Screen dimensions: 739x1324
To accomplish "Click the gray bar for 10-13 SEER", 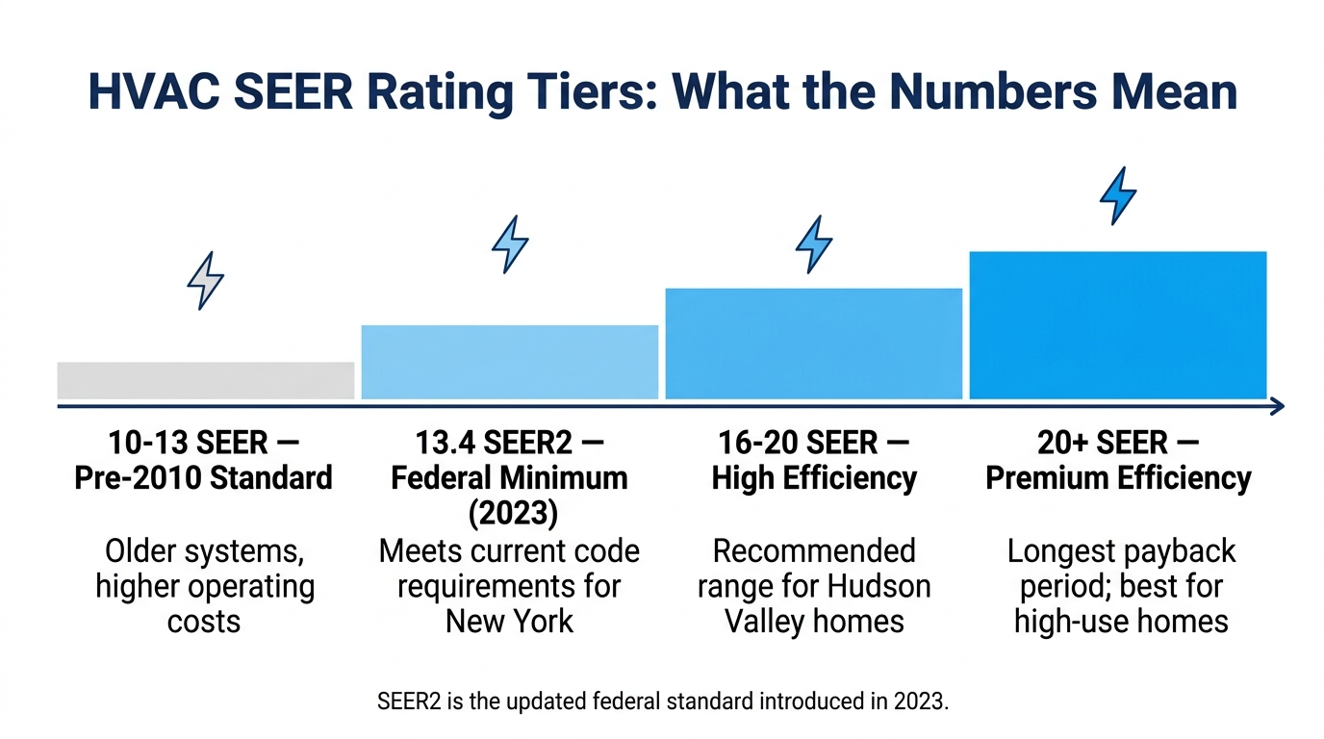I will point(206,380).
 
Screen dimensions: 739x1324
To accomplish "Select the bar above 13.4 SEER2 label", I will point(510,362).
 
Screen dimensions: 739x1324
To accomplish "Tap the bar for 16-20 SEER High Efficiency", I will point(814,344).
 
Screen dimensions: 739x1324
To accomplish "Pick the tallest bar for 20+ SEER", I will point(1118,324).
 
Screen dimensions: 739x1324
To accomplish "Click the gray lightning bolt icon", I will point(205,280).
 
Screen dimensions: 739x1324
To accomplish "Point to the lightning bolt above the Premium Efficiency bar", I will point(1118,195).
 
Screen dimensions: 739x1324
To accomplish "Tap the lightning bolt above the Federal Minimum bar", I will point(510,244).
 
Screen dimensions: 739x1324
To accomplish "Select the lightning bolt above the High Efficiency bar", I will point(814,243).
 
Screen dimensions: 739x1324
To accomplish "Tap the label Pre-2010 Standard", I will point(204,478).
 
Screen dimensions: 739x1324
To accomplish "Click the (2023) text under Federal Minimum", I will point(510,513).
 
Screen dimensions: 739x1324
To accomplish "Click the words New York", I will point(510,621).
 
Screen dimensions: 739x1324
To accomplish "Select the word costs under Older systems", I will point(204,621).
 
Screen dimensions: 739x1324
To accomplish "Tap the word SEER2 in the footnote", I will point(408,701).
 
